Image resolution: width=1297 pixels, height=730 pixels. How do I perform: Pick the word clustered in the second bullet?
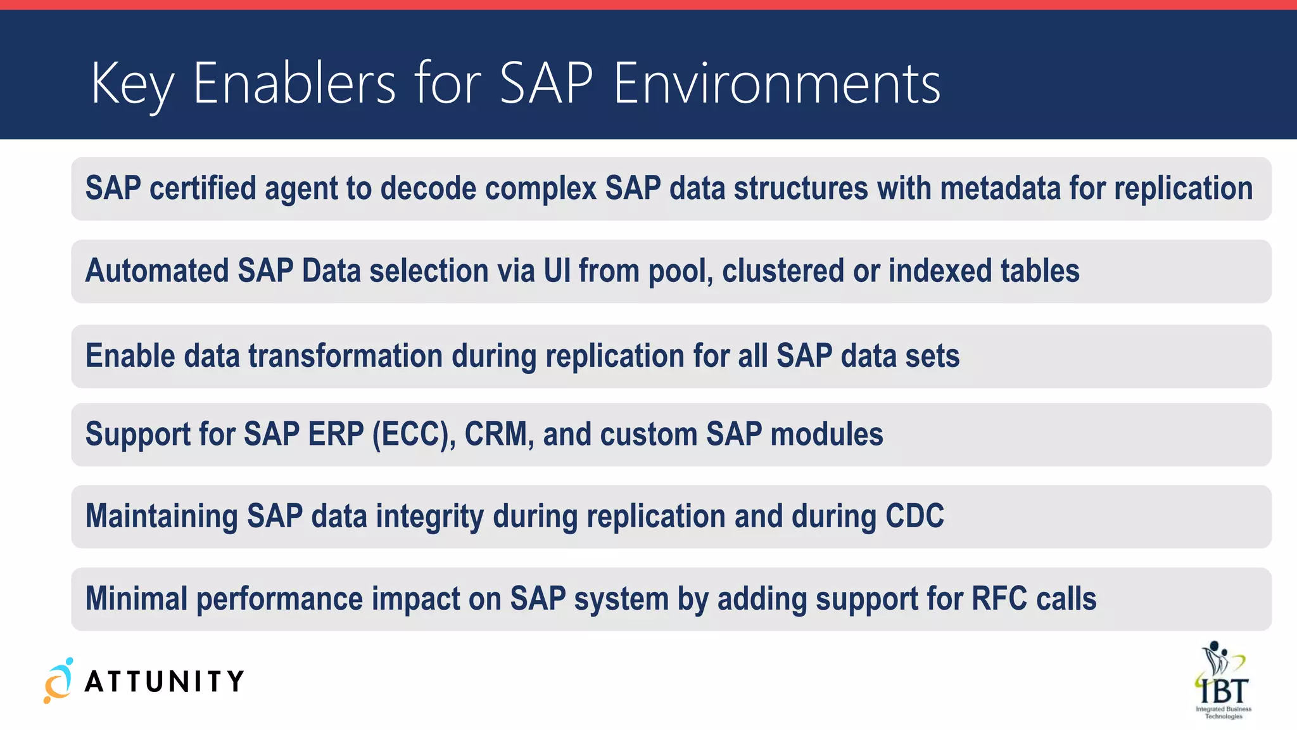pyautogui.click(x=783, y=271)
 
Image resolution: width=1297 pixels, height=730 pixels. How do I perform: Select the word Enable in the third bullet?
pyautogui.click(x=130, y=355)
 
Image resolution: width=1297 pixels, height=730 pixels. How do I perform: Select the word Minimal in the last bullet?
pyautogui.click(x=137, y=599)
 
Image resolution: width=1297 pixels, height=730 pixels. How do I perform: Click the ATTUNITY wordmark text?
pyautogui.click(x=164, y=682)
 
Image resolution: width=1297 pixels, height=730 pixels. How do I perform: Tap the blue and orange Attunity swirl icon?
pyautogui.click(x=58, y=681)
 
